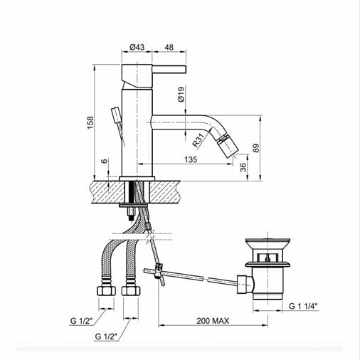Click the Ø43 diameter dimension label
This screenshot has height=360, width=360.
coord(137,47)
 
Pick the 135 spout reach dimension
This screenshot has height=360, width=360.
coord(190,159)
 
